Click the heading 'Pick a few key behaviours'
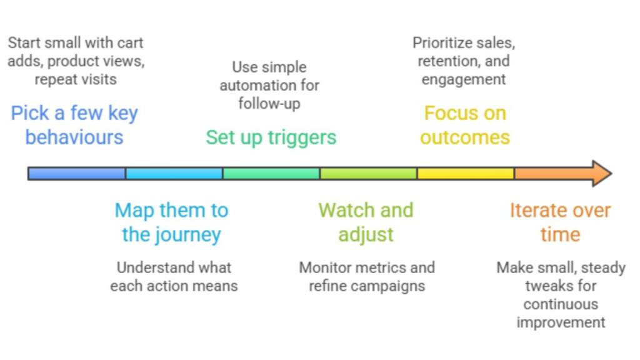click(74, 125)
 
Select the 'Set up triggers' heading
click(271, 137)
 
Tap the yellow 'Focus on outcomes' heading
click(464, 125)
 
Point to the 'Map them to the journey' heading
click(171, 222)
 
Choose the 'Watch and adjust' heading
click(366, 222)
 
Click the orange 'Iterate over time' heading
click(560, 222)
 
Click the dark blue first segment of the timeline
click(77, 173)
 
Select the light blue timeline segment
click(174, 173)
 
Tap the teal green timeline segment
click(271, 173)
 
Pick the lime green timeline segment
click(368, 173)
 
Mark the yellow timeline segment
click(466, 173)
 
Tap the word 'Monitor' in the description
click(326, 267)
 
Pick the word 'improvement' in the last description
click(560, 322)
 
